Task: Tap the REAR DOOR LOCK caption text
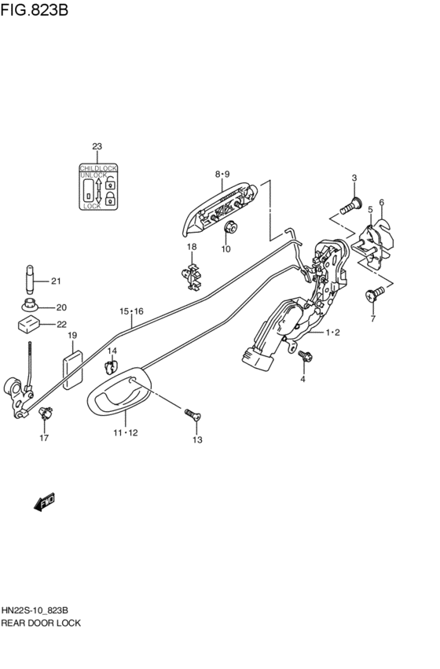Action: tap(41, 622)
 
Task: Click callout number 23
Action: tap(97, 147)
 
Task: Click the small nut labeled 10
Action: tap(231, 229)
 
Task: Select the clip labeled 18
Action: tap(192, 276)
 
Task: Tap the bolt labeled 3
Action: tap(350, 208)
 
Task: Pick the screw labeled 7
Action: tap(374, 294)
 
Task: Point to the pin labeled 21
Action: tap(31, 279)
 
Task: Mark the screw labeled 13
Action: tap(192, 414)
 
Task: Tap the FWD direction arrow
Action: tap(44, 500)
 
